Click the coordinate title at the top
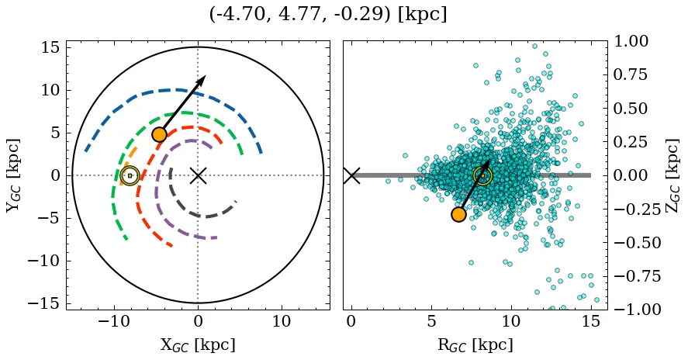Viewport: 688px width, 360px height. [x=328, y=15]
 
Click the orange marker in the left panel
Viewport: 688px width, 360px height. [x=159, y=134]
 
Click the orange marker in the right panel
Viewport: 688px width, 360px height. [x=458, y=214]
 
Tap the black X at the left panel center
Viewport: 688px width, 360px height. [x=198, y=175]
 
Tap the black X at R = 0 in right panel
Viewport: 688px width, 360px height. [x=351, y=175]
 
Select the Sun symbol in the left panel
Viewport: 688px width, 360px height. [x=130, y=175]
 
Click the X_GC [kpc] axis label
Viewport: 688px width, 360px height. [x=198, y=344]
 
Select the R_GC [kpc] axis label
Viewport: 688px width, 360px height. [x=475, y=344]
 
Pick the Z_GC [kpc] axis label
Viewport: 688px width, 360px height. [x=672, y=175]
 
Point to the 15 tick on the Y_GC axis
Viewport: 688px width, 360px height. [x=50, y=47]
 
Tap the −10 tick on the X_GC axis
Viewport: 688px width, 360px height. [x=114, y=321]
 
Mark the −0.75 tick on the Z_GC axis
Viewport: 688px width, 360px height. [x=634, y=276]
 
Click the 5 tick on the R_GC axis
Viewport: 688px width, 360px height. [x=431, y=321]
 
